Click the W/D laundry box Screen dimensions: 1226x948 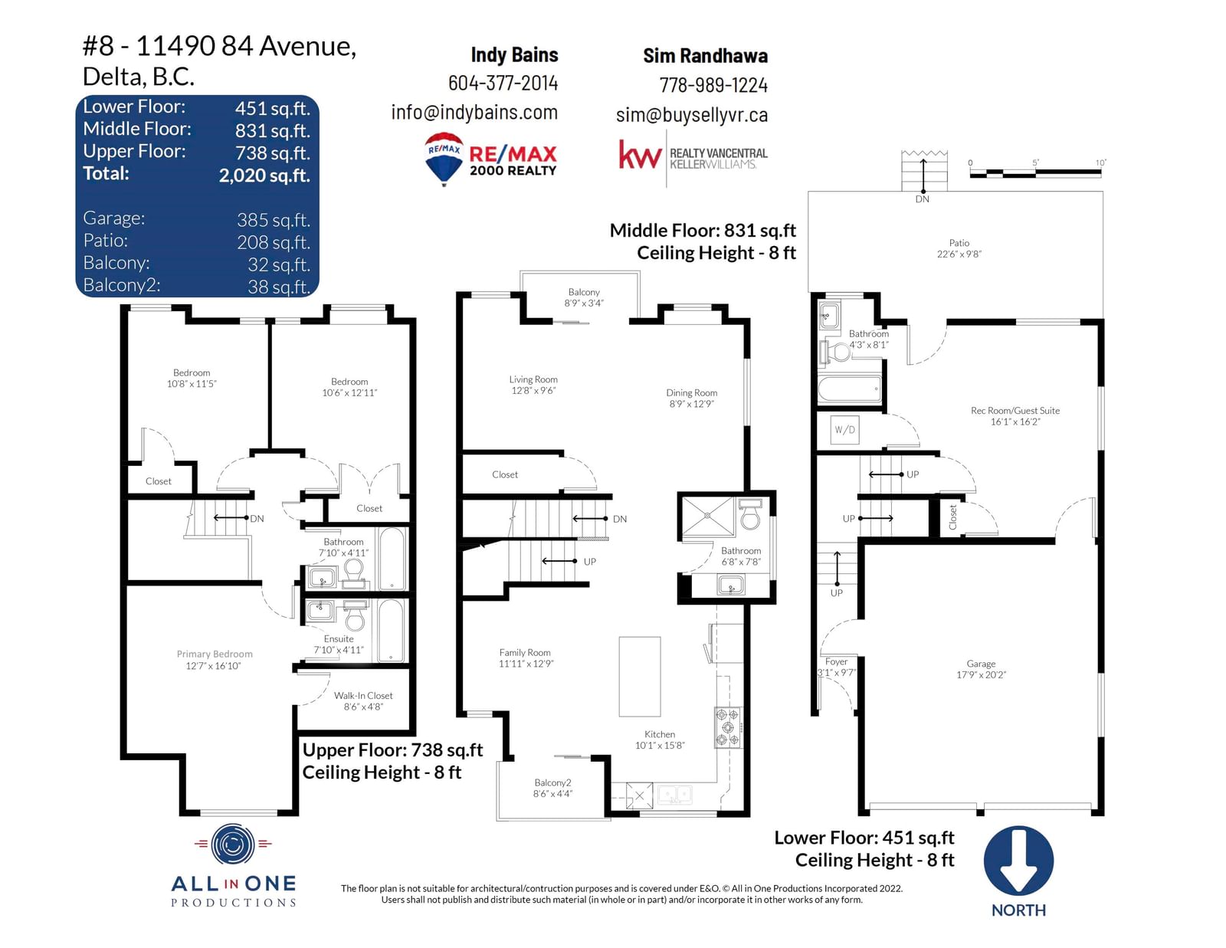844,430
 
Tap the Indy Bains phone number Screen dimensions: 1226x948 503,84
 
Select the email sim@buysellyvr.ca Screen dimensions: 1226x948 692,115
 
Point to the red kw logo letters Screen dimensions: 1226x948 640,155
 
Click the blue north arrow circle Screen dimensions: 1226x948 1018,861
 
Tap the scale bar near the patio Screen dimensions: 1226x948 1035,172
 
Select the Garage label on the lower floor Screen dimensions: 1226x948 981,664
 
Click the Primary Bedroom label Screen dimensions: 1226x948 215,654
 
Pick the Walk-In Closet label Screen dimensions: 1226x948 363,696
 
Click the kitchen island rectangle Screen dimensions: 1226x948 640,677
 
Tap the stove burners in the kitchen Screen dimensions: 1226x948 729,727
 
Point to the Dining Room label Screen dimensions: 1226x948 692,392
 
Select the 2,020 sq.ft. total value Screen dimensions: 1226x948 264,175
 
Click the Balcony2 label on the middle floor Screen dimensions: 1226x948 553,782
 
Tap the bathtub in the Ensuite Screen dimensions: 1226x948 391,630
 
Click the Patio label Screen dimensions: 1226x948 959,243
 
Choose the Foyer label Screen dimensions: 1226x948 836,662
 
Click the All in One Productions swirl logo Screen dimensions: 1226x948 232,845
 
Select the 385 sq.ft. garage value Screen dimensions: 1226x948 274,220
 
